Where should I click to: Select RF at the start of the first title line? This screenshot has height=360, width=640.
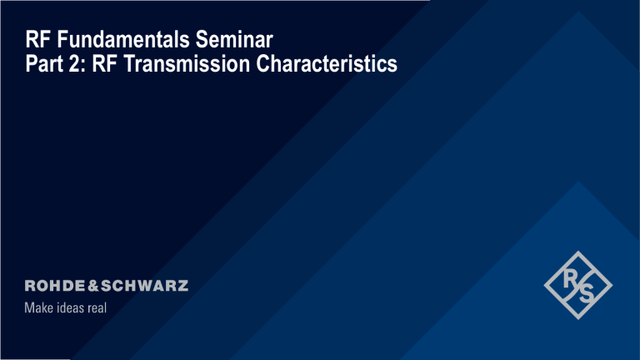(x=37, y=39)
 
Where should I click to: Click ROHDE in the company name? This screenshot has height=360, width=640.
(x=53, y=285)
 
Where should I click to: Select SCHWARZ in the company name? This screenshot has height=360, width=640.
(x=143, y=285)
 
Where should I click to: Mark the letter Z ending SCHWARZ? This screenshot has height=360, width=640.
(x=182, y=285)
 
